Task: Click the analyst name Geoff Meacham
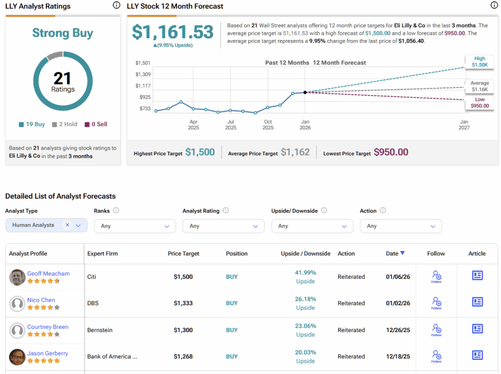coord(48,273)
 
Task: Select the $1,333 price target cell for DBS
coord(183,303)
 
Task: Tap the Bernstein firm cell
coord(100,330)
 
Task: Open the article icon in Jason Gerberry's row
coord(477,355)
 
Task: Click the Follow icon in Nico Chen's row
coord(436,303)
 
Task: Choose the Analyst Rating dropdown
coord(223,226)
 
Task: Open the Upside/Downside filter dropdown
coord(312,226)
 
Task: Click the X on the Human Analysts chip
coord(68,225)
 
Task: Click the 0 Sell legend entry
coord(96,124)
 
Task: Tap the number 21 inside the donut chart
coord(63,78)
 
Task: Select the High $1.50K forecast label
coord(479,62)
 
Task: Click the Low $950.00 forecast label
coord(479,103)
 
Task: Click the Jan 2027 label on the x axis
coord(464,125)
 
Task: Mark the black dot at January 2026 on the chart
coord(305,92)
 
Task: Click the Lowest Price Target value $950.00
coord(391,152)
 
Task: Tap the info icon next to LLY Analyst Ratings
coord(116,5)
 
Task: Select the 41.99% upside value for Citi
coord(305,272)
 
